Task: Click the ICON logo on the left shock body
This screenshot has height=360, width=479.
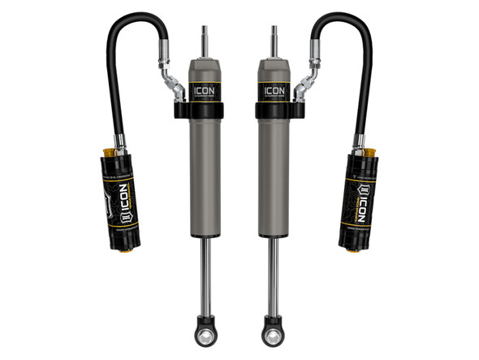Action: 205,89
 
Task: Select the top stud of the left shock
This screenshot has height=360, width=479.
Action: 203,41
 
